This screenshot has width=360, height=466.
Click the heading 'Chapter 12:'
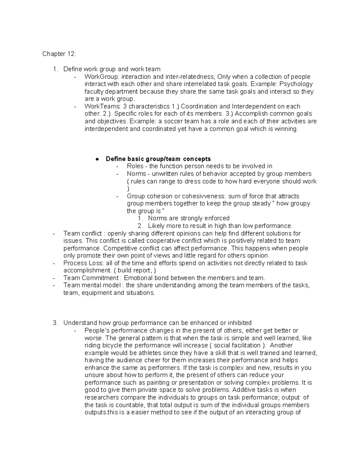coord(59,54)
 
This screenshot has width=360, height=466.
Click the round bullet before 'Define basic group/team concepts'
coord(97,159)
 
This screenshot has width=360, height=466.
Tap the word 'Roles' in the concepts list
coord(135,166)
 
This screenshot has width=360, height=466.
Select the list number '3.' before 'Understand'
coord(55,323)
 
